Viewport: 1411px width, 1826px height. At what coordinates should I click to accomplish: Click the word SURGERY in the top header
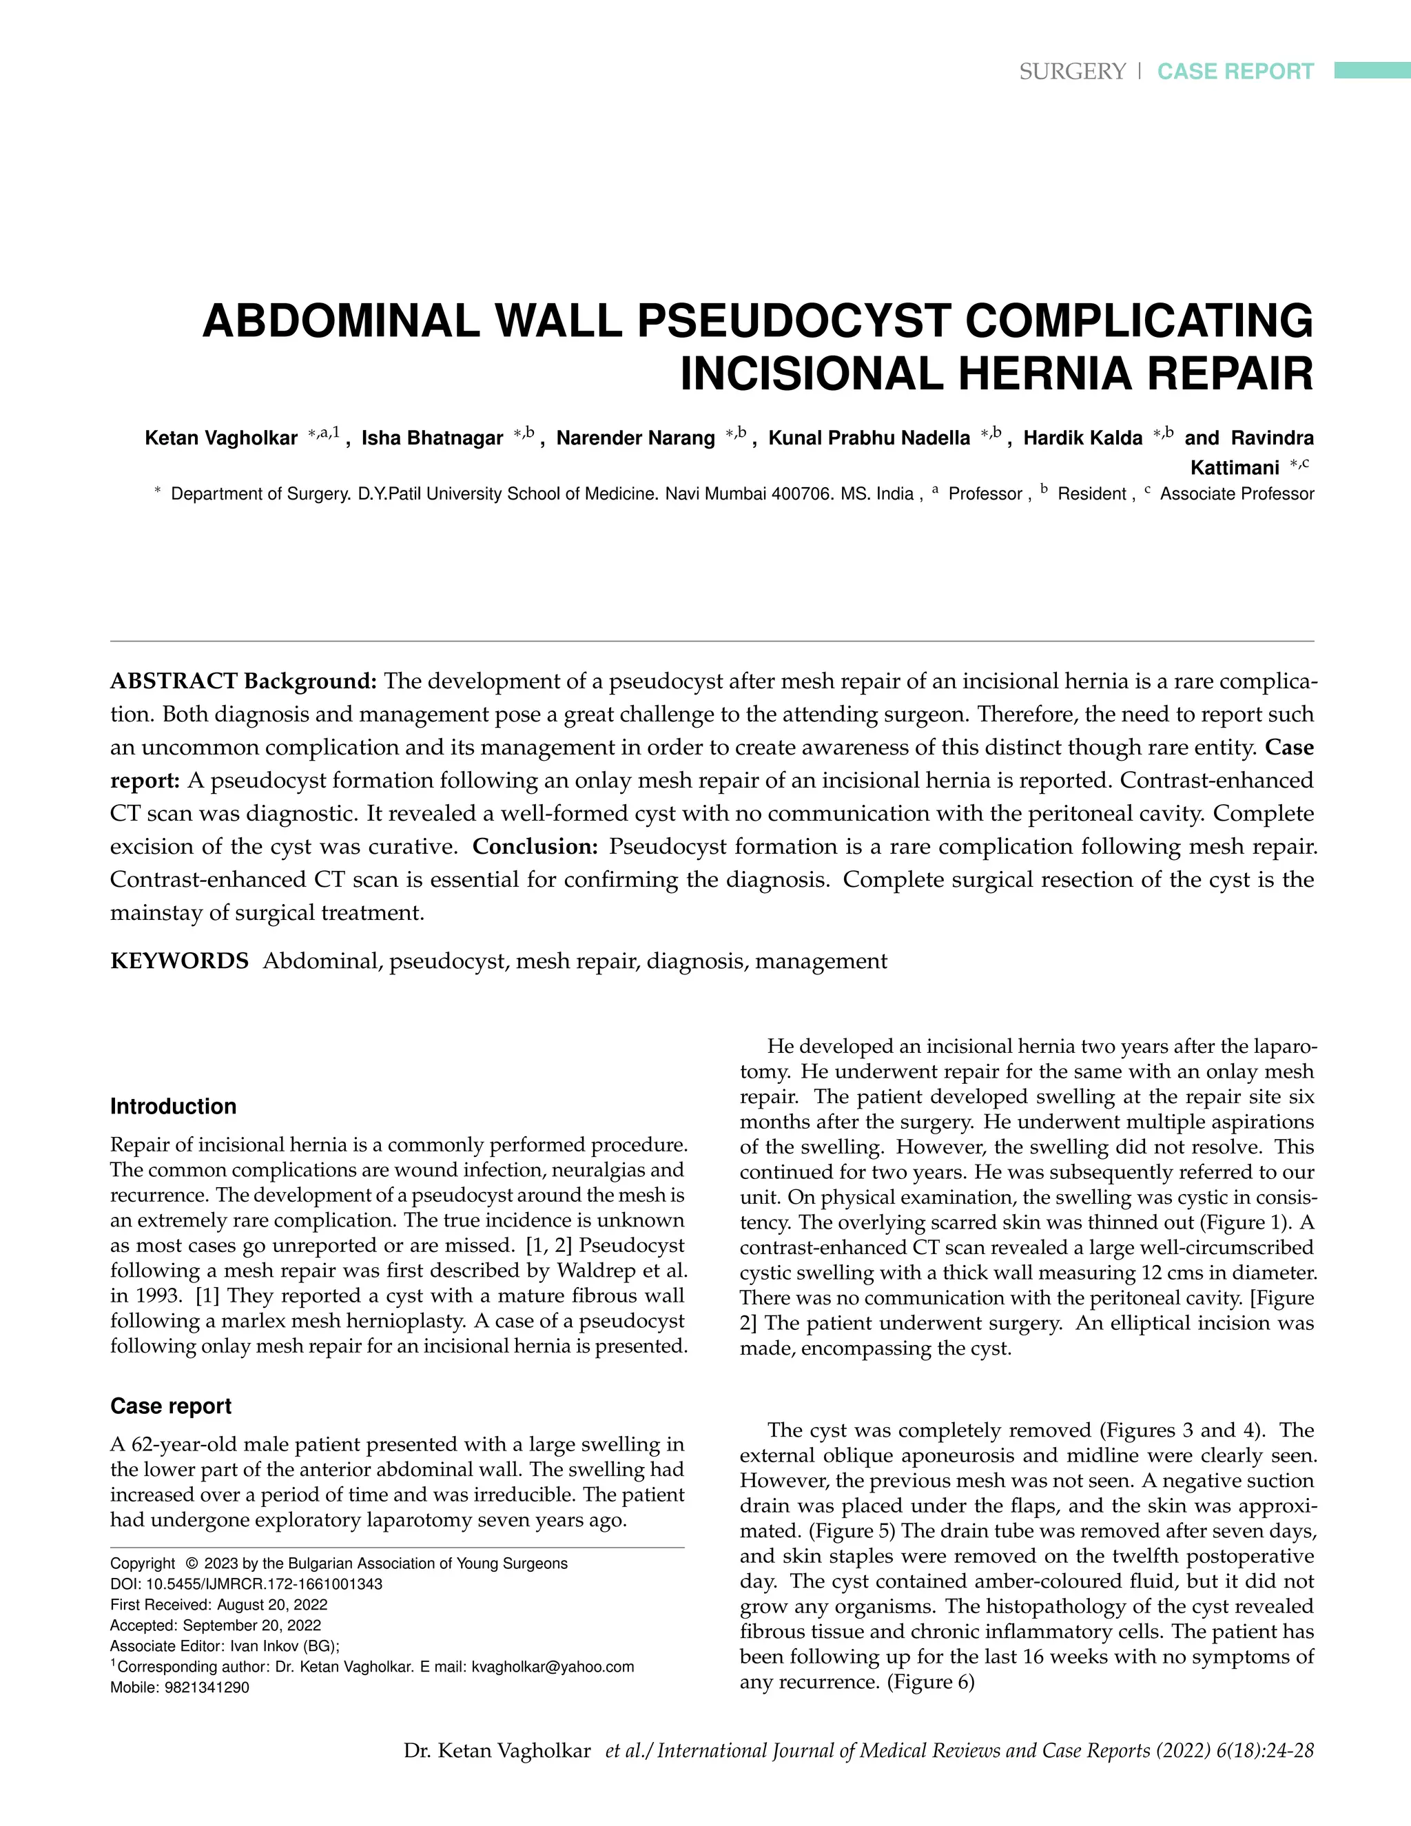point(1073,72)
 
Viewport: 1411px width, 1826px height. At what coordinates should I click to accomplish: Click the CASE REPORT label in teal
point(1235,72)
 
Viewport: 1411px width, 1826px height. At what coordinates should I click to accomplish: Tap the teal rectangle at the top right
point(1372,70)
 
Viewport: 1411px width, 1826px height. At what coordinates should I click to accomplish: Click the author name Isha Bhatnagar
point(432,438)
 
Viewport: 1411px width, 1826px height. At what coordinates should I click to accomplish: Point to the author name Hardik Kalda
point(1082,438)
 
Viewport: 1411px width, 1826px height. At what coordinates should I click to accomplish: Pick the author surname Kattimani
point(1235,467)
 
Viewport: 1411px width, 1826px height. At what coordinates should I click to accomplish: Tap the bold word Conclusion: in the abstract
point(535,847)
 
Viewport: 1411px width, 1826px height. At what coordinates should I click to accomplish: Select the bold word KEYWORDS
point(180,961)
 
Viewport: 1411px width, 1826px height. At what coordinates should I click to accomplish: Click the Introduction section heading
point(173,1107)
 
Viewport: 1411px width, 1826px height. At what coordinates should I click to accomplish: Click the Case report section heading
point(171,1406)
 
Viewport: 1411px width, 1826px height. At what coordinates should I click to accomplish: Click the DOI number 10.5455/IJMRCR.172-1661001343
point(264,1584)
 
